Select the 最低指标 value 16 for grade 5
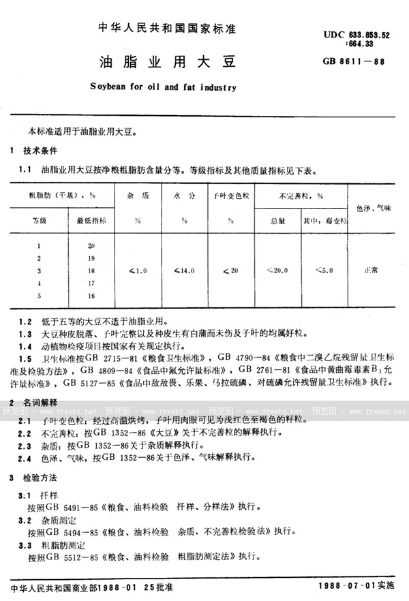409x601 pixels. tap(91, 295)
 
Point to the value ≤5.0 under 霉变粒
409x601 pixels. tap(324, 271)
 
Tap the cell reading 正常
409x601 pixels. tap(372, 271)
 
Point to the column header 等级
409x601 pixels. tap(40, 221)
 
